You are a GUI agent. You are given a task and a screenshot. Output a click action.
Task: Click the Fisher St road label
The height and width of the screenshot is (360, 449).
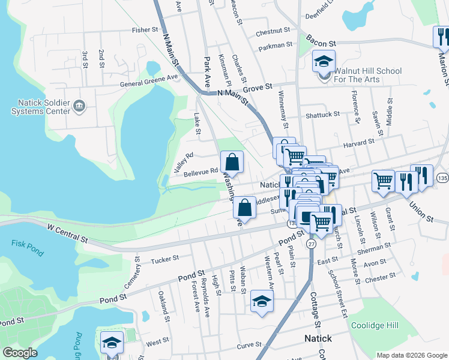(x=145, y=29)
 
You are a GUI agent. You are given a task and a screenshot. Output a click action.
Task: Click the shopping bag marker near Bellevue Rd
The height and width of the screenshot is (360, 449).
(x=232, y=162)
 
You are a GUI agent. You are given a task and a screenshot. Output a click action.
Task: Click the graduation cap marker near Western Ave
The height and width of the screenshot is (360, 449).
(x=262, y=301)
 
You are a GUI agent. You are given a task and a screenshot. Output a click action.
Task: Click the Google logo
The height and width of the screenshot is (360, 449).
(x=20, y=353)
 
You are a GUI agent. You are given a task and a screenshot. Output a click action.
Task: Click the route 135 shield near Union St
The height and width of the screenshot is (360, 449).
(x=443, y=179)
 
